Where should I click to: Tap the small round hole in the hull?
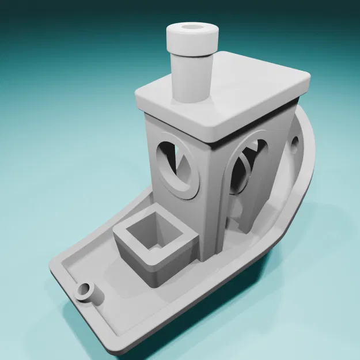click(x=295, y=142)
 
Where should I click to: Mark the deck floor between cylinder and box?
click(x=112, y=276)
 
